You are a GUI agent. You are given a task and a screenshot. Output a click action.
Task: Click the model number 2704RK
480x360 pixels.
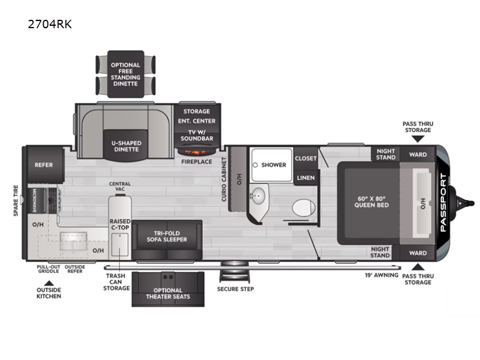point(50,24)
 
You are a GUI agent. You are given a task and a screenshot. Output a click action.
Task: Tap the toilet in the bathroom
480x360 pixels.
point(304,208)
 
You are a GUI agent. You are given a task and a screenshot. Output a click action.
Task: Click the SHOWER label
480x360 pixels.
point(274,165)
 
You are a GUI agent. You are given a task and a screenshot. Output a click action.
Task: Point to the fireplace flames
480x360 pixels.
point(197,152)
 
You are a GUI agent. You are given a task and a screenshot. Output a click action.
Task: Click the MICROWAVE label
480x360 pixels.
point(34,200)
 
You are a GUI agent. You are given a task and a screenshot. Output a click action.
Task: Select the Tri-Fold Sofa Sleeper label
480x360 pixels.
point(167,236)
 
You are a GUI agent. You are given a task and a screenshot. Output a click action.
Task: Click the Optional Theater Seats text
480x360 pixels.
point(168,293)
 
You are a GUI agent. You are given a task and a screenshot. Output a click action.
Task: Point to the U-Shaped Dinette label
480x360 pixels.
point(126,146)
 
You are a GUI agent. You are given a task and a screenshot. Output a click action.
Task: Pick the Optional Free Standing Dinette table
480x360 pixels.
point(125,74)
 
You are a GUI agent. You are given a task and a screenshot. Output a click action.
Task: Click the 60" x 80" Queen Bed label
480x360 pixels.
point(371,202)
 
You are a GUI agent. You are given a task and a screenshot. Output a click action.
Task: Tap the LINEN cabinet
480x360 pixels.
point(305,178)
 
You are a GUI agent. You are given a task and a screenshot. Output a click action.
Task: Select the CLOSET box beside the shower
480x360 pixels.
point(305,158)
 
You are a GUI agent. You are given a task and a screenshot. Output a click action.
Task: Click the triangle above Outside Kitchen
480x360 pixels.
point(49,283)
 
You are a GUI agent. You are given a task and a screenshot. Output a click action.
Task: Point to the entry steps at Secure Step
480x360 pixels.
point(235,271)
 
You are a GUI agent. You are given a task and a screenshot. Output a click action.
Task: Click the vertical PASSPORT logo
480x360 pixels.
point(443,202)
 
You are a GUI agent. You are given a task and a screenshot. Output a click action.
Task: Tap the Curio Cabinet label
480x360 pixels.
point(224,179)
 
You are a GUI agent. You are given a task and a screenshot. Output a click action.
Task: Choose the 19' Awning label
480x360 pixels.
point(382,275)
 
